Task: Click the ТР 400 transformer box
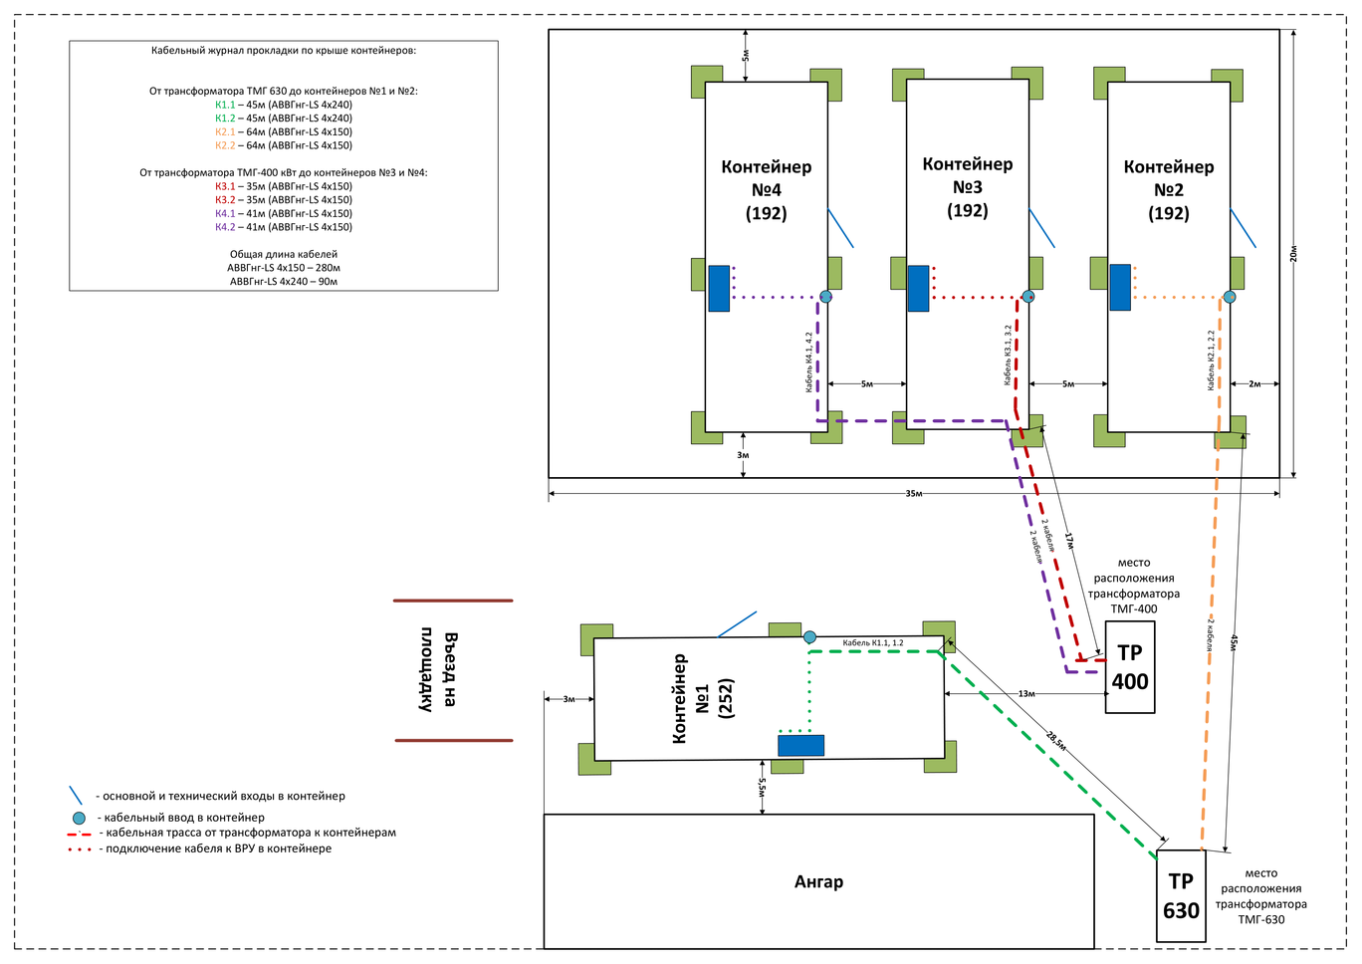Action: coord(1130,667)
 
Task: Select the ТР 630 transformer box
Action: coord(1181,895)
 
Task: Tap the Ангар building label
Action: coord(818,881)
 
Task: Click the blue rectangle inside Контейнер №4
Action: coord(719,289)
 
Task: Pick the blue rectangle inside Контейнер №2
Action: coord(1120,288)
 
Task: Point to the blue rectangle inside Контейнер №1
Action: coord(800,745)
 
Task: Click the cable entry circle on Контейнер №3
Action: coord(1028,297)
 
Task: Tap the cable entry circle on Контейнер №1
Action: coord(809,637)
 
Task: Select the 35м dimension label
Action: coord(913,494)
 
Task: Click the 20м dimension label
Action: coord(1293,254)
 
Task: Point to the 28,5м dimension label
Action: coord(1056,740)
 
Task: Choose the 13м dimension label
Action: coord(1026,694)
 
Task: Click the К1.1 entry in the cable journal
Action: coord(225,105)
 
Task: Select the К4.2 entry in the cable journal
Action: coord(225,227)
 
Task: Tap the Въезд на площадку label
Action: coord(438,670)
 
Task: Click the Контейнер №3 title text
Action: coord(967,186)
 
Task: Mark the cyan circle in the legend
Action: coord(79,818)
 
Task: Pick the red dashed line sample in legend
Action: coord(80,834)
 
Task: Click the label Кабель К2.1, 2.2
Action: coord(1211,360)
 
